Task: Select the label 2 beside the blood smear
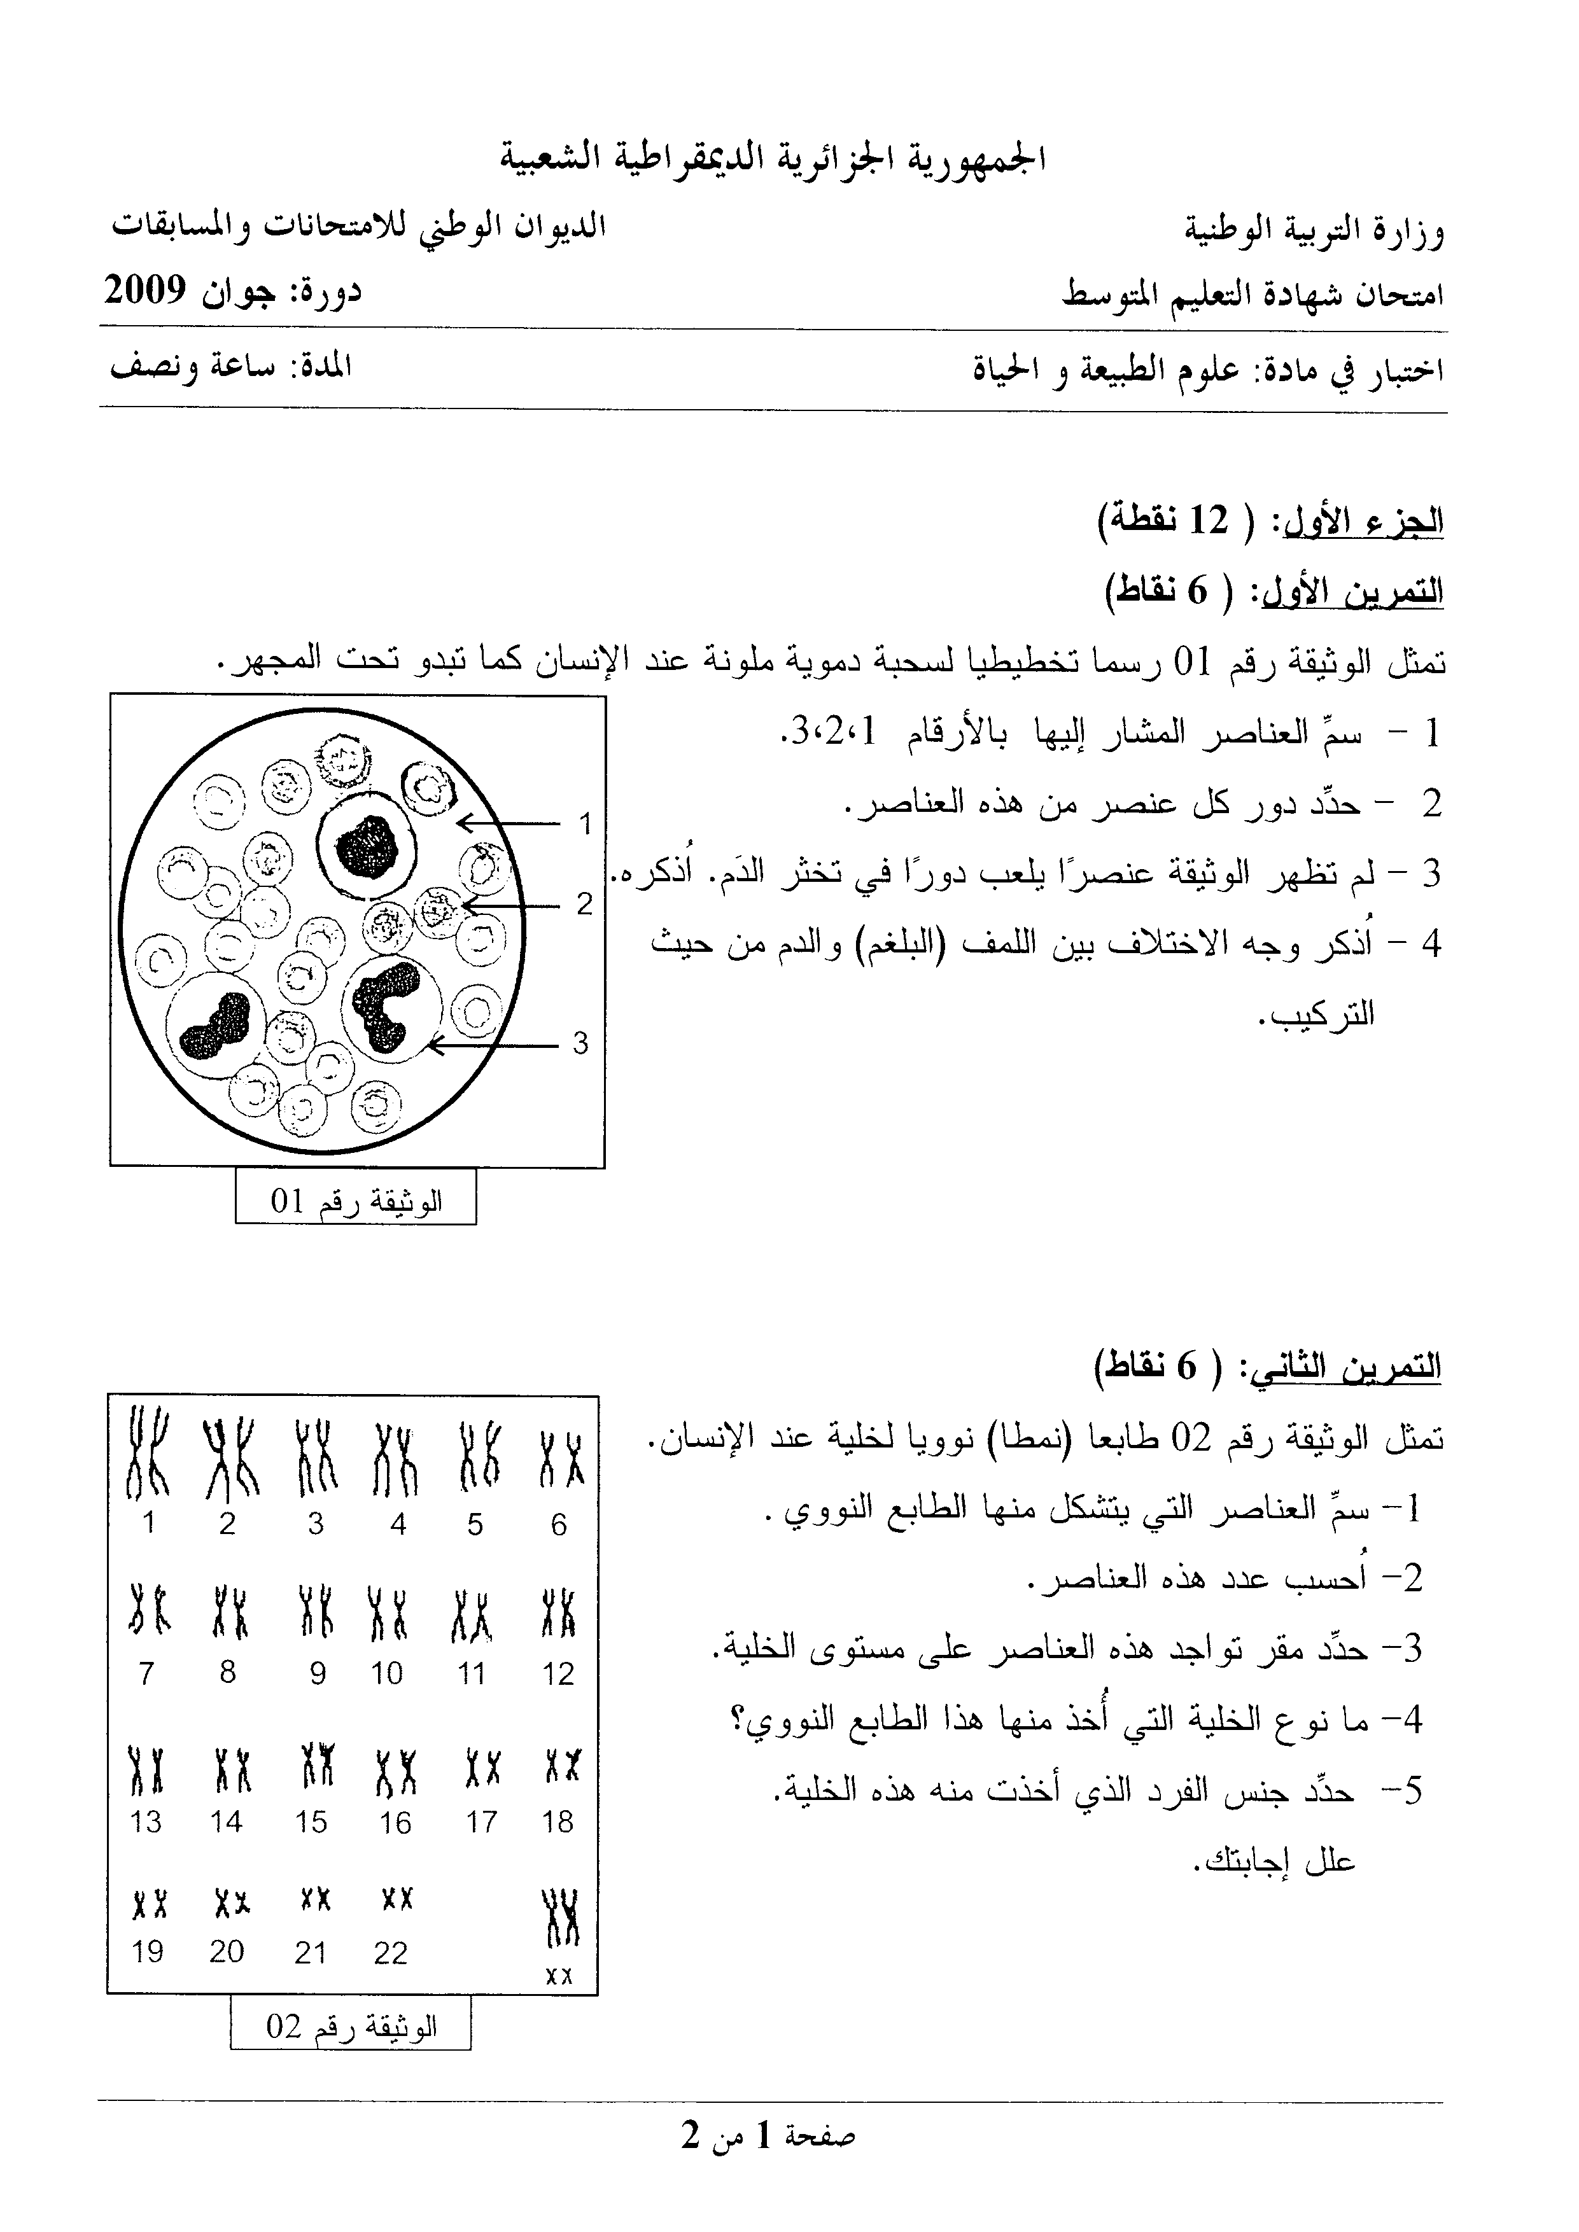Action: pyautogui.click(x=584, y=904)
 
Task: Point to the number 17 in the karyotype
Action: pyautogui.click(x=481, y=1822)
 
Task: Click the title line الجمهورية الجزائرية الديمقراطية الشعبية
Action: pyautogui.click(x=773, y=158)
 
